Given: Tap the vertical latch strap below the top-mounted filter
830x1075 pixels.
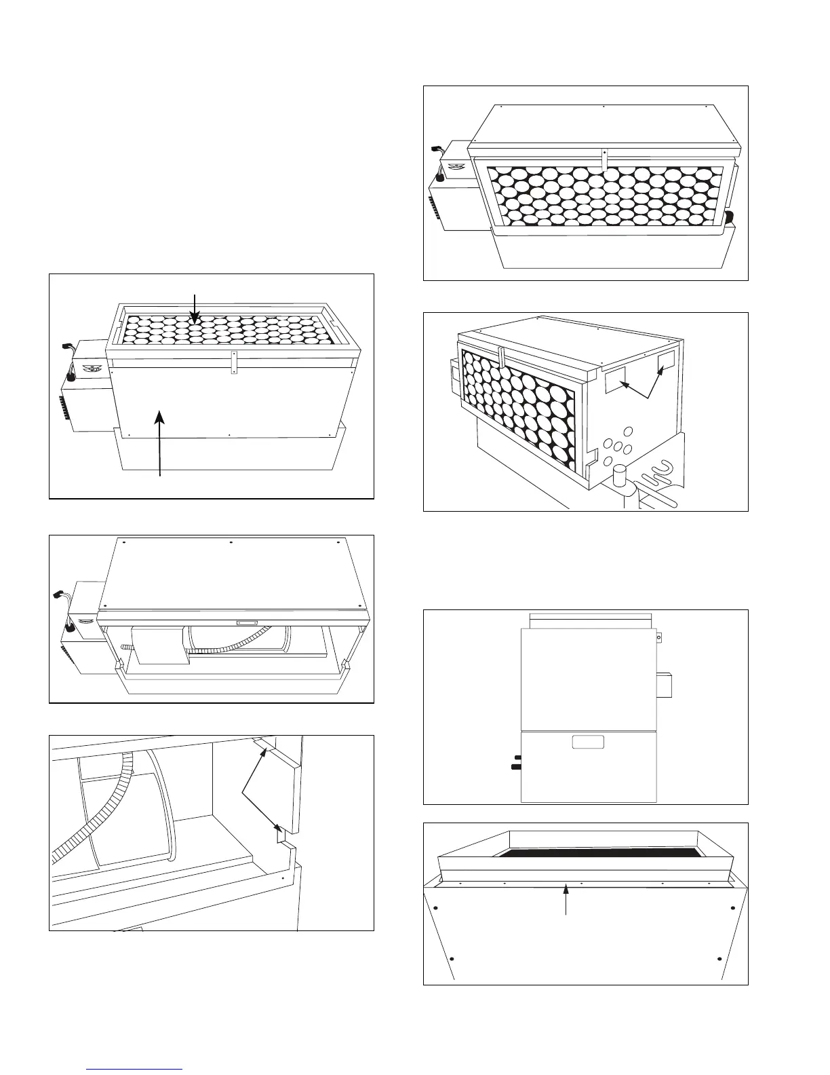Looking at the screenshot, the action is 233,362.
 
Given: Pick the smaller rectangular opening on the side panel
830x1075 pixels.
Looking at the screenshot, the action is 666,361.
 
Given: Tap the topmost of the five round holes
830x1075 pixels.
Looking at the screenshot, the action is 628,431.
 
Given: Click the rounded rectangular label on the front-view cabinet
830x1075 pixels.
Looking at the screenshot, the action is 588,742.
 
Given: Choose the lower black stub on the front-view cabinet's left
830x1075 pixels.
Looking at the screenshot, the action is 515,768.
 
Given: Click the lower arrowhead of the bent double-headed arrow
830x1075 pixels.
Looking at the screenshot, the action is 277,827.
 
